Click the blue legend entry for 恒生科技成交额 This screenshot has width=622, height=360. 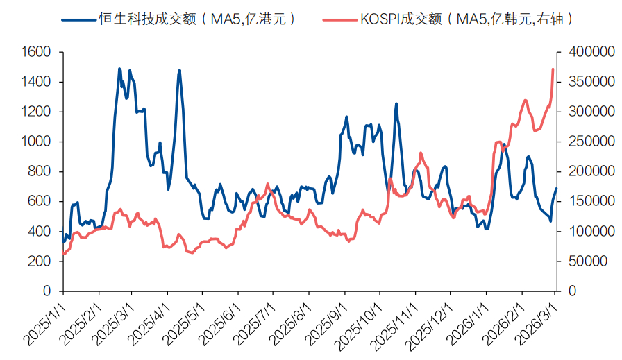pyautogui.click(x=180, y=19)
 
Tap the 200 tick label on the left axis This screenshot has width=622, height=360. pyautogui.click(x=42, y=262)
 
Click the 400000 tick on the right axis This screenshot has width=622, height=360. pyautogui.click(x=587, y=52)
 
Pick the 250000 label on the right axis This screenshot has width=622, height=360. pyautogui.click(x=587, y=142)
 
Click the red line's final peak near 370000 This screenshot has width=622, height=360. pyautogui.click(x=553, y=69)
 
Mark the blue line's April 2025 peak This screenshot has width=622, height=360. pyautogui.click(x=179, y=70)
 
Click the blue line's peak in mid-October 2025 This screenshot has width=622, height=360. pyautogui.click(x=396, y=104)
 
